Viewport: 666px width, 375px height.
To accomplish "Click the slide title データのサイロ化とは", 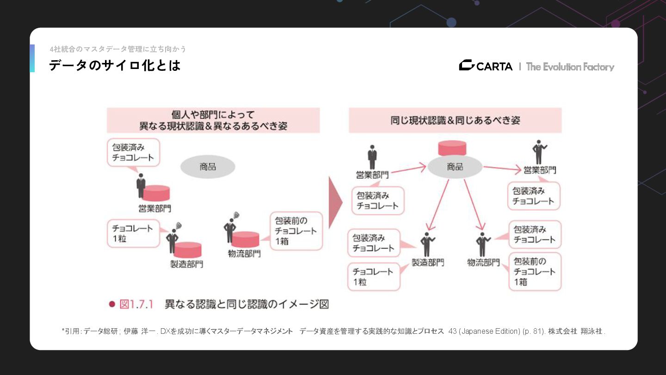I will point(115,66).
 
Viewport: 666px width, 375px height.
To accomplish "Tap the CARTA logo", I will point(486,66).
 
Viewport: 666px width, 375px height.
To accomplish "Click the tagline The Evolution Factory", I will point(570,67).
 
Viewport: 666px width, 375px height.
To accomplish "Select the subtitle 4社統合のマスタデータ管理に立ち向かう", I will point(118,49).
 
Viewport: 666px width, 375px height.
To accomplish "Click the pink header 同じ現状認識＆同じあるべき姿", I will point(455,120).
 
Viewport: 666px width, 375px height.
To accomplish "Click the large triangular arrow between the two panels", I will point(335,202).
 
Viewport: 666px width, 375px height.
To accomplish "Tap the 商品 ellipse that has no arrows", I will point(208,167).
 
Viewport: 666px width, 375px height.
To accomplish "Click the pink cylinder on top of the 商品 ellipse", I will point(452,148).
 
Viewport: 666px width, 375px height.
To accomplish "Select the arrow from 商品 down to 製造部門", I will point(438,204).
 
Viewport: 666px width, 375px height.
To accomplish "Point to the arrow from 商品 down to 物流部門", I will point(474,204).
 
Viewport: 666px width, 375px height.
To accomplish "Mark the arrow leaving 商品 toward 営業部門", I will point(502,169).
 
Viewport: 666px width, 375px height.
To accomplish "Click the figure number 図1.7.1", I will point(136,304).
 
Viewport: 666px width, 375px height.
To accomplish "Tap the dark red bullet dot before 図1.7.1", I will point(111,304).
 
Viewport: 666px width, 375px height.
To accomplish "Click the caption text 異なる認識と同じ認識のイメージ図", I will point(247,304).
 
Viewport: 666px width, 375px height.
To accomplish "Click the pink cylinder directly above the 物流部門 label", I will point(245,239).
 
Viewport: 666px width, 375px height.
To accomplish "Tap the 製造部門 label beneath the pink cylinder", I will point(186,264).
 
